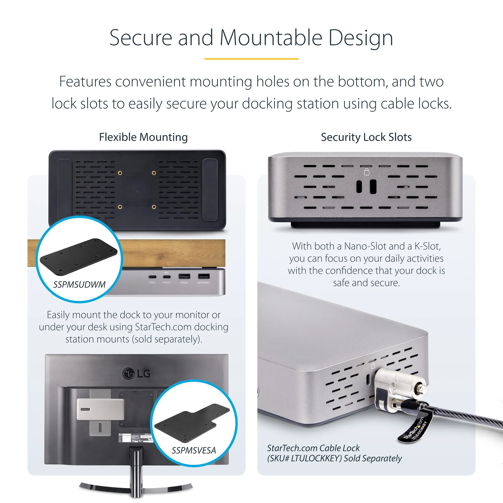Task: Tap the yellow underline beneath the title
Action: (x=251, y=59)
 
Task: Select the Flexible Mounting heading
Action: (x=143, y=137)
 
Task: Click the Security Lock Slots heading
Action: (x=366, y=137)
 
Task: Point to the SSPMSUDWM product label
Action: (x=79, y=284)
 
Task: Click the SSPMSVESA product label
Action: (x=194, y=450)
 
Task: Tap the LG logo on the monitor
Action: (x=137, y=374)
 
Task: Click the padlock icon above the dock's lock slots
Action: (x=367, y=172)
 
